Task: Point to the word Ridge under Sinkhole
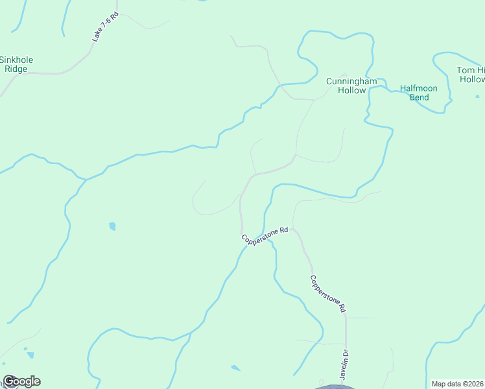(16, 69)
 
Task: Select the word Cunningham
(351, 81)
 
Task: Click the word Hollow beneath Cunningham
(351, 90)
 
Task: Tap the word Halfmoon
(419, 88)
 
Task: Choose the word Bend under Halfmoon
(419, 97)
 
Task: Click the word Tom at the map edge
(466, 70)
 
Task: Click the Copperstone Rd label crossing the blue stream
(265, 235)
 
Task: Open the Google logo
(21, 381)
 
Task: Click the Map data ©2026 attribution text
(458, 383)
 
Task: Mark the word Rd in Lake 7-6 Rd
(113, 16)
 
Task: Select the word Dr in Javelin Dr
(346, 354)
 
